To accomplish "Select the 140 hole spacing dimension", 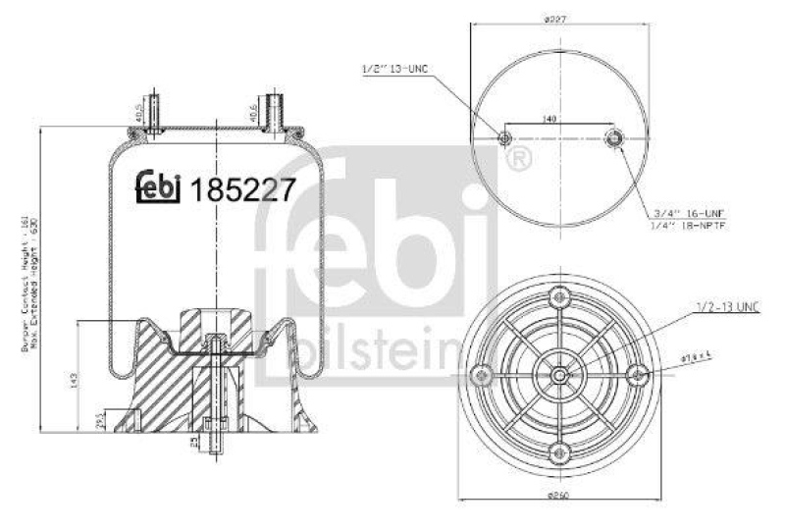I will point(549,119).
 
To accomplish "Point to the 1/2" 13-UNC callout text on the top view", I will point(396,68).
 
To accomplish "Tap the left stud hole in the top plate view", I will point(505,137).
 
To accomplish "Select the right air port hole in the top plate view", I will point(614,137).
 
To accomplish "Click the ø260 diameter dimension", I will point(558,494).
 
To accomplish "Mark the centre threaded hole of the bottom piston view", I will point(558,374).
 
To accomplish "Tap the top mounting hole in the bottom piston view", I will point(559,296).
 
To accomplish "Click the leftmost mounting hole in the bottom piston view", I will point(481,374).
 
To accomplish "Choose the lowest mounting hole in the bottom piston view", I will point(559,452).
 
